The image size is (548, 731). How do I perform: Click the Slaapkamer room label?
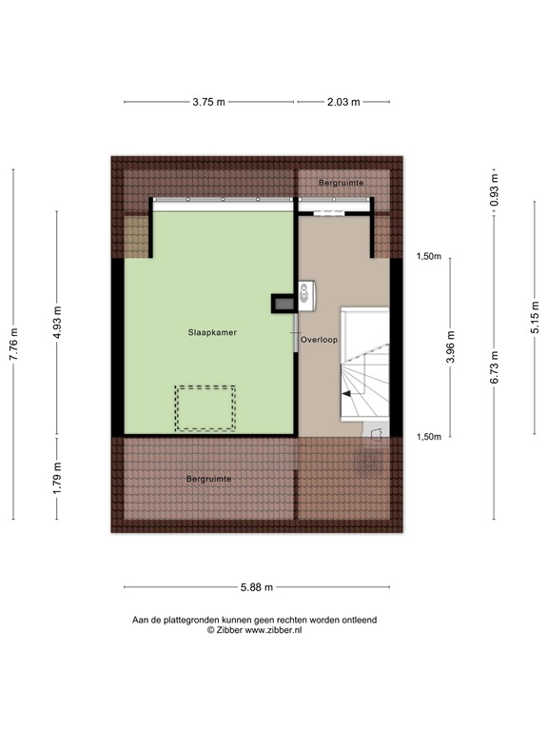212,333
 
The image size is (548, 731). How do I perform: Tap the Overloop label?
319,339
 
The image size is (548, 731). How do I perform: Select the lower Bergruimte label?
209,478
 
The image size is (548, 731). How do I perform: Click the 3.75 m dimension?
208,102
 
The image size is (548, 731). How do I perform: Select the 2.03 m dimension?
342,102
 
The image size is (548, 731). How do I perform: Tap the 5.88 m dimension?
257,586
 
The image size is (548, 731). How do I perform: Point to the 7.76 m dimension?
13,343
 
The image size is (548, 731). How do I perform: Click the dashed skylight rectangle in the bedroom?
205,408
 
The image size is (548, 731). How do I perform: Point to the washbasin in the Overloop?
305,294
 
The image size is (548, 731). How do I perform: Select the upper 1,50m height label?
429,256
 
